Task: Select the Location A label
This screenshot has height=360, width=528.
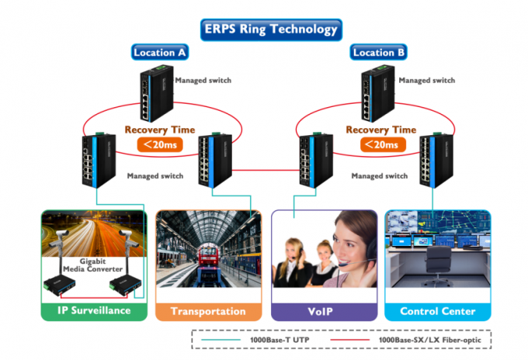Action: coord(159,53)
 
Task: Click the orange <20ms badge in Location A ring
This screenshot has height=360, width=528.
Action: coord(158,144)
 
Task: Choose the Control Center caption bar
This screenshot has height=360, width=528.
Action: coord(437,311)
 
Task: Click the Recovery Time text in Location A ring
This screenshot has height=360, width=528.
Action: coord(160,130)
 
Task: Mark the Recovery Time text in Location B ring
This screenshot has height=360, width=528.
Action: coord(380,130)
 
